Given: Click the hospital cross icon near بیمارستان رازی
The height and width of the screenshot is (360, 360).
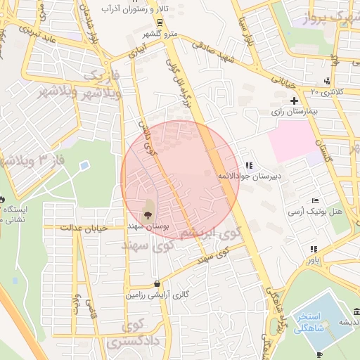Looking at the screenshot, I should coord(294,102).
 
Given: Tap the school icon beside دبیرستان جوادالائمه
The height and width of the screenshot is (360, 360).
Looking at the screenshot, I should coord(248,165).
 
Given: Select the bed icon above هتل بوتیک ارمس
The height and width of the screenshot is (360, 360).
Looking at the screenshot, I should coord(314,201).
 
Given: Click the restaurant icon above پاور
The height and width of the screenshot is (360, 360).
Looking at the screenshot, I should coord(312,249).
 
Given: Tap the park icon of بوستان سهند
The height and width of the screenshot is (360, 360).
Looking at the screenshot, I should coord(148,215).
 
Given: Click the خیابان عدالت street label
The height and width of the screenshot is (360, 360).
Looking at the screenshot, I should coord(82,227).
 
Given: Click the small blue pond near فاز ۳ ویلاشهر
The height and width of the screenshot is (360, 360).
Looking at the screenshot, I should coord(84,166).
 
